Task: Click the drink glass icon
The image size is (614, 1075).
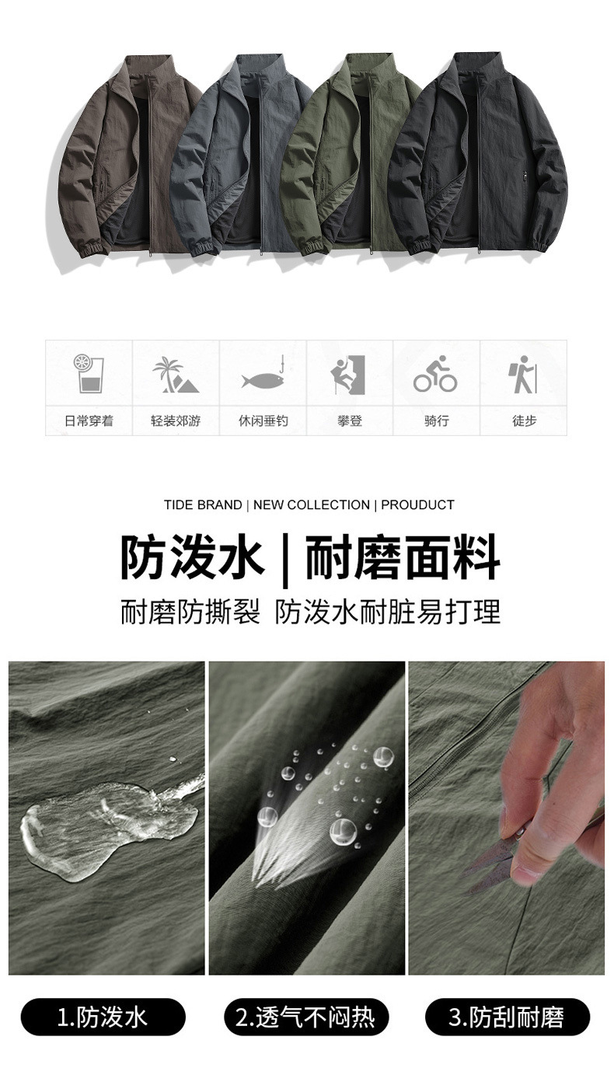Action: pyautogui.click(x=88, y=374)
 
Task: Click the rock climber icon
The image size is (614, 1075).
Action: pyautogui.click(x=349, y=375)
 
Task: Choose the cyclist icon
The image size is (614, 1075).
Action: pyautogui.click(x=435, y=374)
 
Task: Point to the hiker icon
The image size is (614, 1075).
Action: pyautogui.click(x=523, y=375)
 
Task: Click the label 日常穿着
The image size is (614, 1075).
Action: pyautogui.click(x=89, y=421)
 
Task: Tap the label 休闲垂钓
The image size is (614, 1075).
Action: pyautogui.click(x=263, y=421)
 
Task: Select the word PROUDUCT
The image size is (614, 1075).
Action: pyautogui.click(x=417, y=504)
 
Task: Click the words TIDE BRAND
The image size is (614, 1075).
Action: pyautogui.click(x=202, y=504)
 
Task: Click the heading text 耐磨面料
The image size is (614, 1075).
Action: pyautogui.click(x=402, y=557)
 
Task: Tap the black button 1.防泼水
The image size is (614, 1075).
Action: pyautogui.click(x=103, y=1017)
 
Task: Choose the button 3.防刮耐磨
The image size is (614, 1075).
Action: pyautogui.click(x=508, y=1017)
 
